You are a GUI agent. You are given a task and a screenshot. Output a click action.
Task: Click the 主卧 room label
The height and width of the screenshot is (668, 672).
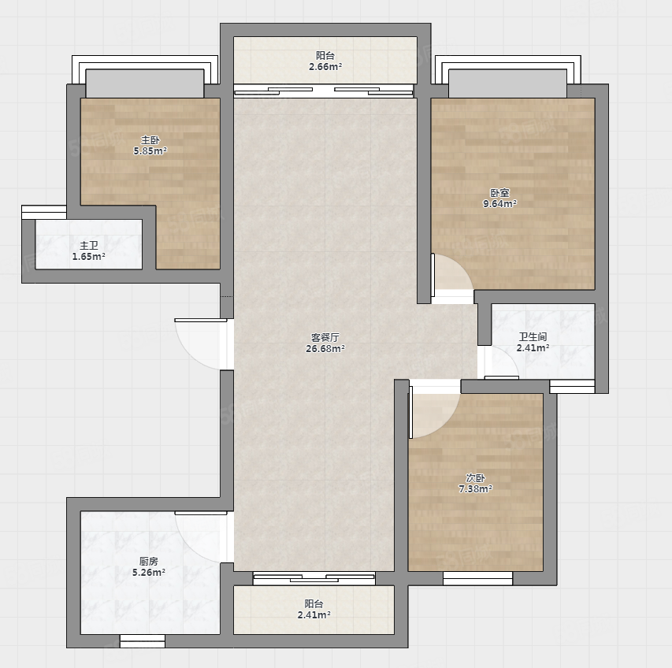tap(150, 139)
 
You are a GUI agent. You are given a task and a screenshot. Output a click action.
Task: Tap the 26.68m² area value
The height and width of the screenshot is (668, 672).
tap(325, 349)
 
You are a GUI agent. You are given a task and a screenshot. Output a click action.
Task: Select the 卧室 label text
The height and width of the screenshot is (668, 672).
tap(499, 193)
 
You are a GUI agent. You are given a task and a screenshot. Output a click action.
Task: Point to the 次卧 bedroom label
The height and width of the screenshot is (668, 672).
tap(475, 477)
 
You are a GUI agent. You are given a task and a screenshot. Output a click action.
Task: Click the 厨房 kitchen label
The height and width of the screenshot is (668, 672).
tap(149, 561)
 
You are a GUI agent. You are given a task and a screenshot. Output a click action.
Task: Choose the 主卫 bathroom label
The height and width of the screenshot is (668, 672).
tap(89, 246)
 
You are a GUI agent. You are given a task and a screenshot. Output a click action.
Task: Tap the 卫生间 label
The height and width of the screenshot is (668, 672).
tap(533, 337)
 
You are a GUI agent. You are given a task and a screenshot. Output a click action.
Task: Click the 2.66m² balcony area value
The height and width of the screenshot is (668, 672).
tap(325, 67)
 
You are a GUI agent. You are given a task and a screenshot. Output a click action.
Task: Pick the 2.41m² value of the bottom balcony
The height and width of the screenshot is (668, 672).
tap(314, 615)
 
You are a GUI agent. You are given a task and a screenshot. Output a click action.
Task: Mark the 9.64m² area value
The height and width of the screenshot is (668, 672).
tap(499, 204)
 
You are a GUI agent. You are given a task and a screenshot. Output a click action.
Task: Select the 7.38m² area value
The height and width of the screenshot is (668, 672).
tap(475, 489)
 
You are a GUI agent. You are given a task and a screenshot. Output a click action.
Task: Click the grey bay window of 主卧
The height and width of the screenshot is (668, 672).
tap(145, 83)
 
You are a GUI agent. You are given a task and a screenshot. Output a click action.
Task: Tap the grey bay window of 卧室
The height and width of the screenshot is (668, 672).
tap(507, 83)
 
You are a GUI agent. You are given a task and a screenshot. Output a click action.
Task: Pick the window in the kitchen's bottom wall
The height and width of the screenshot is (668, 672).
tap(143, 641)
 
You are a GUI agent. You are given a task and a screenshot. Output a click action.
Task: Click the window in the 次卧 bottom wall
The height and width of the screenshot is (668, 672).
tap(478, 578)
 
